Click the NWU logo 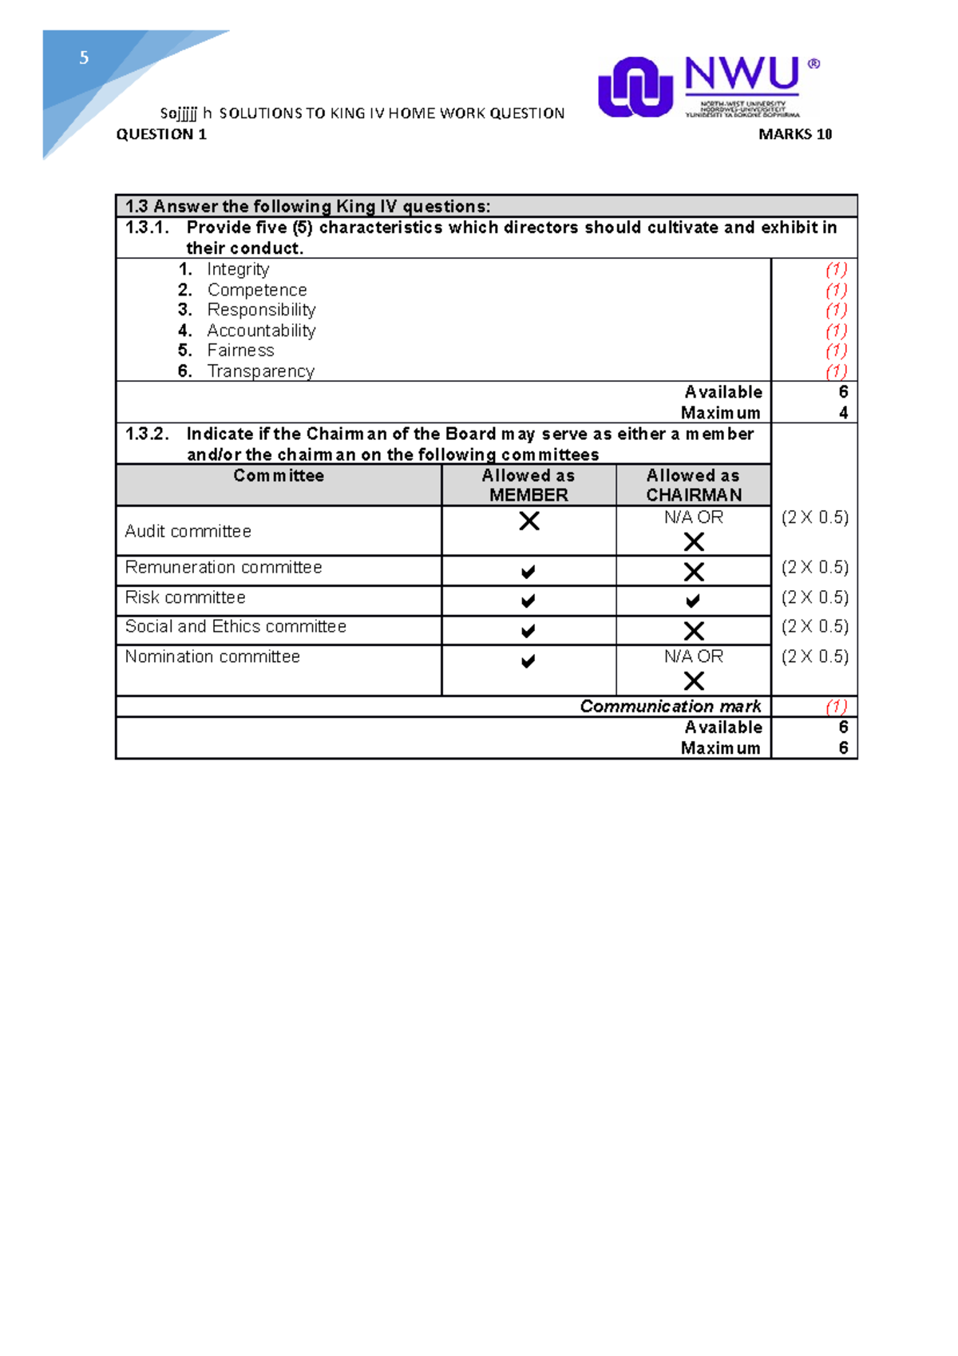pos(708,86)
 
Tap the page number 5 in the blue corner pos(84,57)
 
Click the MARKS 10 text pos(794,134)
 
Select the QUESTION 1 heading pos(161,134)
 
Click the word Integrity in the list pos(238,269)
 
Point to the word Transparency pos(260,371)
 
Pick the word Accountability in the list pos(261,331)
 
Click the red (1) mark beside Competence pos(836,290)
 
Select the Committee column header pos(279,476)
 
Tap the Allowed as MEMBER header pos(528,485)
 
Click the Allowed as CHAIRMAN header pos(694,485)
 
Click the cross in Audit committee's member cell pos(528,521)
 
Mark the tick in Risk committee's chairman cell pos(693,601)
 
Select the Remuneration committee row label pos(224,568)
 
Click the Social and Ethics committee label pos(236,627)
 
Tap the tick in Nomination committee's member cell pos(528,661)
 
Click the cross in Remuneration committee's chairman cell pos(694,572)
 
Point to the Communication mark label pos(671,707)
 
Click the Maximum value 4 pos(843,413)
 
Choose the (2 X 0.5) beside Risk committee pos(814,597)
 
